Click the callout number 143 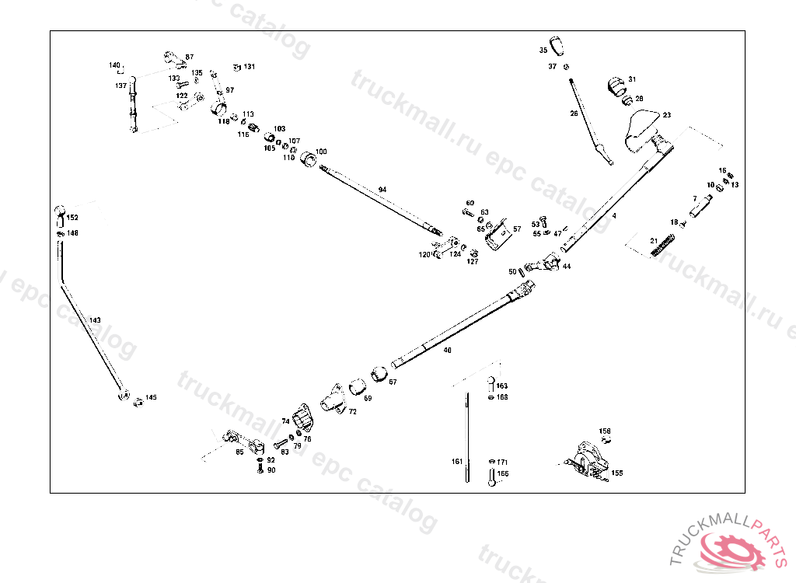95,319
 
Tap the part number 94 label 382,190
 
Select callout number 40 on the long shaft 447,351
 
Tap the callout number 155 616,473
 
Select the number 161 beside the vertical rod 457,461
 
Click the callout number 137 120,86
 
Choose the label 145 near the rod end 151,397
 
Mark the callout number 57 517,229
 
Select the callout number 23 667,115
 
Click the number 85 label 239,452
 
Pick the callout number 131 249,67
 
